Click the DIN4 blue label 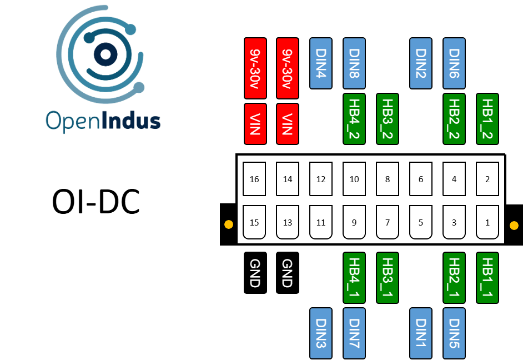321,63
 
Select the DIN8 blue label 354,63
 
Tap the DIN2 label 421,63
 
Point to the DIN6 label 454,63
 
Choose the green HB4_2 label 354,118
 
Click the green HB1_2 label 487,118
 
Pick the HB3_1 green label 388,278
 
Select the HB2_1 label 454,278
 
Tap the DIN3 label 321,333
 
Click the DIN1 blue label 421,333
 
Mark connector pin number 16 255,179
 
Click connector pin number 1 487,222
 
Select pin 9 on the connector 354,222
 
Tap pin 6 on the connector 421,179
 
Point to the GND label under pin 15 255,273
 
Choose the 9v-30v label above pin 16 255,63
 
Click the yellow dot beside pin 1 514,226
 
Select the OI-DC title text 95,202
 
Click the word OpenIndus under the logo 103,121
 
